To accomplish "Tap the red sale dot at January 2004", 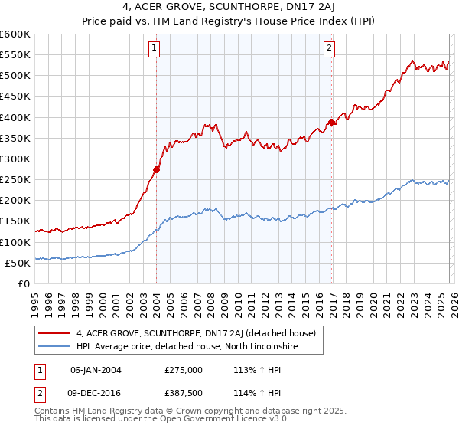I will (156, 169).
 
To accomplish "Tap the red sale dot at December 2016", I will (331, 122).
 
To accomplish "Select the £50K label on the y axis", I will (18, 263).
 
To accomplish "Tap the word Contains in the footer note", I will (54, 412).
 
